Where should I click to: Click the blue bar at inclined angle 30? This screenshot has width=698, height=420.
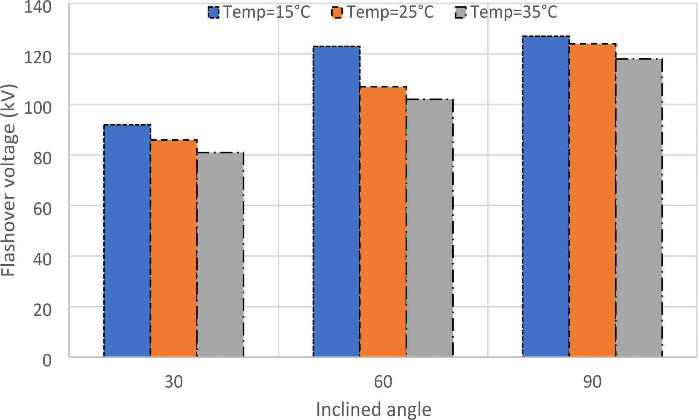[x=127, y=241]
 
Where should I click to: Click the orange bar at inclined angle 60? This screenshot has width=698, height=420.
[x=383, y=222]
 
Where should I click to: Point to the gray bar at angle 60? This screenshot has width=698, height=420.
[x=429, y=228]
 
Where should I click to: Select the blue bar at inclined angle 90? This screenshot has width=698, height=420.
[x=546, y=196]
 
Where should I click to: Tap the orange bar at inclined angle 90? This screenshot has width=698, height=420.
[x=592, y=200]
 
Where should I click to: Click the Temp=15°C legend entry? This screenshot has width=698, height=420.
[x=259, y=12]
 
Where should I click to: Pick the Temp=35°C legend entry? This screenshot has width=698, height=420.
[x=506, y=12]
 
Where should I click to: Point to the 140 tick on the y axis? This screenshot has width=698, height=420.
[x=38, y=7]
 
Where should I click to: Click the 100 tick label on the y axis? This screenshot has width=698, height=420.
[x=38, y=107]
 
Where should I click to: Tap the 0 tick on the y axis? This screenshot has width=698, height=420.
[x=47, y=360]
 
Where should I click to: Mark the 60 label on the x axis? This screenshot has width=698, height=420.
[x=383, y=382]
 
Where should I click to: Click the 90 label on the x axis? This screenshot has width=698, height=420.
[x=592, y=382]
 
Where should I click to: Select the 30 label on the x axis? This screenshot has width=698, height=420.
[x=173, y=382]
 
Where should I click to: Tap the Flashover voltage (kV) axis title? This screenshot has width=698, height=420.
[x=8, y=180]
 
